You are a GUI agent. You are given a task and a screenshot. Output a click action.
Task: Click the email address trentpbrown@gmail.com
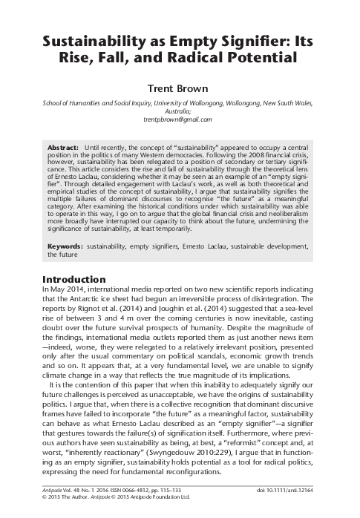tap(180, 119)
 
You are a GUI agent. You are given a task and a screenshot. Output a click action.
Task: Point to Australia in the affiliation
tap(180, 110)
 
